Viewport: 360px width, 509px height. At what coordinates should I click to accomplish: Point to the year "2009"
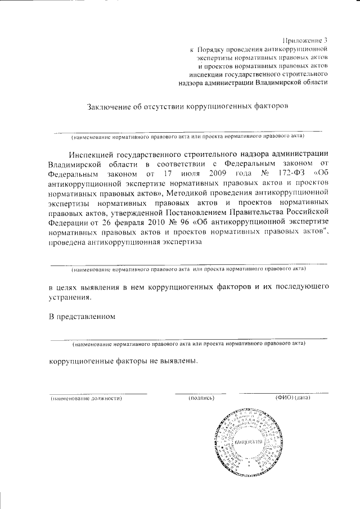pos(219,174)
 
